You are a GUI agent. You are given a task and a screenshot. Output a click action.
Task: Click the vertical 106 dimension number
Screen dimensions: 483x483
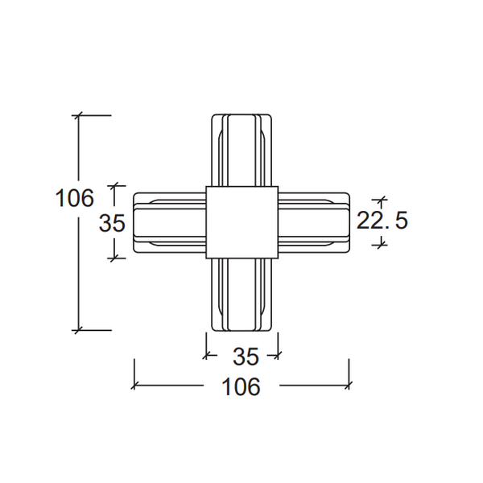(x=74, y=197)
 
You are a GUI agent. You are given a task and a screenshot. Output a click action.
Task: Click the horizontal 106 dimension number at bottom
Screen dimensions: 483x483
(x=242, y=386)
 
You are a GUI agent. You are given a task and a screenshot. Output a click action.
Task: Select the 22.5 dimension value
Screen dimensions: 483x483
(x=382, y=220)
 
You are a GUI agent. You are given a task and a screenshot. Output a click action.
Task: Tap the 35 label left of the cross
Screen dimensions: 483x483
(x=112, y=223)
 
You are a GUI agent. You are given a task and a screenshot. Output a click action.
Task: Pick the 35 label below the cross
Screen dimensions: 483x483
(x=246, y=357)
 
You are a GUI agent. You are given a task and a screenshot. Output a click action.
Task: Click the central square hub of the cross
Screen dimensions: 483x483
(x=242, y=222)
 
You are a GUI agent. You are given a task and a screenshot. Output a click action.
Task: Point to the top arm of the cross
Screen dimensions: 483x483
(x=242, y=151)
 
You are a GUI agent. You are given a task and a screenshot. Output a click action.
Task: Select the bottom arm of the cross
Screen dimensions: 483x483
(x=242, y=295)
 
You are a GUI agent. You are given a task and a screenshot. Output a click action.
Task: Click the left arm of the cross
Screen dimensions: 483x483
(x=169, y=222)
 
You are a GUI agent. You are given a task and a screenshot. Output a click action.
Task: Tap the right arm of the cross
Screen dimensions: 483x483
(x=314, y=222)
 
